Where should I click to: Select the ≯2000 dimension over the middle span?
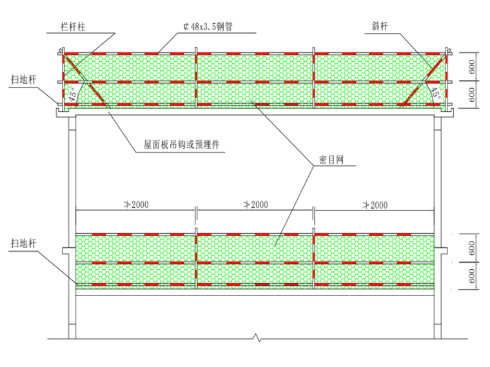[255, 205]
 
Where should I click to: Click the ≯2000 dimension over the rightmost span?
[374, 205]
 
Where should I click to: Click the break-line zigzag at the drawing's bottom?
[257, 337]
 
